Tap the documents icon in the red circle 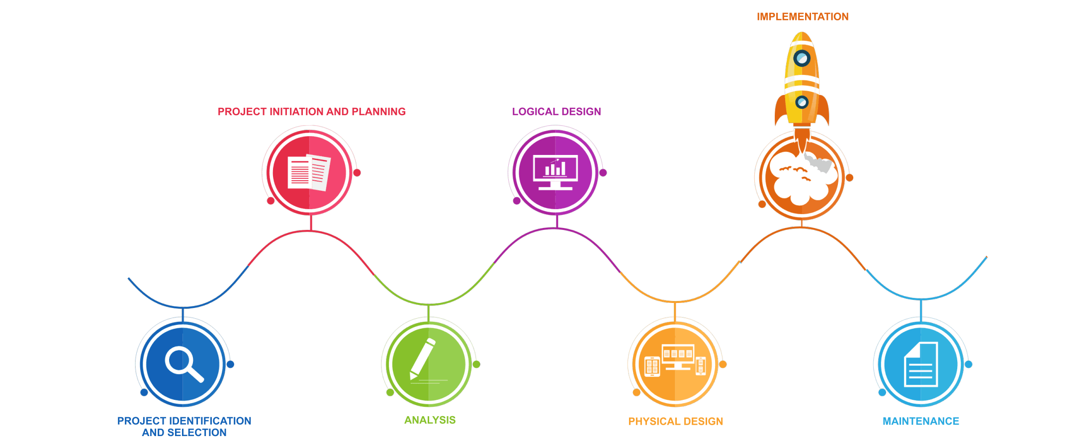(309, 172)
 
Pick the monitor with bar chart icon (555, 172)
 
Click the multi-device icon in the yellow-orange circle (675, 360)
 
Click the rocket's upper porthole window (802, 59)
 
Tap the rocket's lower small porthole (802, 102)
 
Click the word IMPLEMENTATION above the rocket (803, 17)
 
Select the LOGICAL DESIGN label (556, 112)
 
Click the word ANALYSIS (430, 420)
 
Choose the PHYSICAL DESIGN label (675, 422)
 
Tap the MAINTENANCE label (921, 422)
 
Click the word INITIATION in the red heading (296, 112)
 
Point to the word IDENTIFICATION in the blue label (210, 421)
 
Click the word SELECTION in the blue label (197, 433)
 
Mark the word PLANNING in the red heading (378, 112)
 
